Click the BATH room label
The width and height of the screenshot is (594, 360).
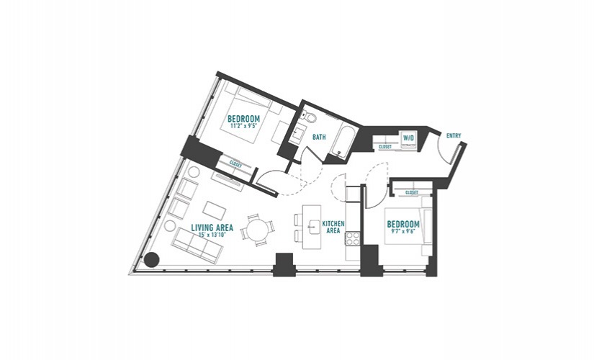[319, 138]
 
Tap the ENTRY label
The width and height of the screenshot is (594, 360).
[454, 135]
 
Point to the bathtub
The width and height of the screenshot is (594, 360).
[343, 141]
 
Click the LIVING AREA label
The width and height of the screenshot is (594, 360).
[212, 228]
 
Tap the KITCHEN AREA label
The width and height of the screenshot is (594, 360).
[333, 227]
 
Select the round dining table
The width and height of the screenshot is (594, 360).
[256, 230]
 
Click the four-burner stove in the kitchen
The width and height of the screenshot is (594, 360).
[352, 238]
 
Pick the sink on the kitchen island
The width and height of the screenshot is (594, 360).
[312, 228]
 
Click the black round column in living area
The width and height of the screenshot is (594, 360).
[151, 260]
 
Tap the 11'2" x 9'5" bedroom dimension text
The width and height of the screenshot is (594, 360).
[243, 126]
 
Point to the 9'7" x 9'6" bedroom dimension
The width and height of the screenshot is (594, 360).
[403, 231]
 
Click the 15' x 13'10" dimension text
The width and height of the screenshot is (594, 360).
[212, 235]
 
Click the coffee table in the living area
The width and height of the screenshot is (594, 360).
[215, 210]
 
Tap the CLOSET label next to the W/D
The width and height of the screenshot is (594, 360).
[385, 147]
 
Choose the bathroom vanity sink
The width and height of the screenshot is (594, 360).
[299, 134]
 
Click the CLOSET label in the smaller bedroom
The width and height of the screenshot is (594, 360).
[412, 193]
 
